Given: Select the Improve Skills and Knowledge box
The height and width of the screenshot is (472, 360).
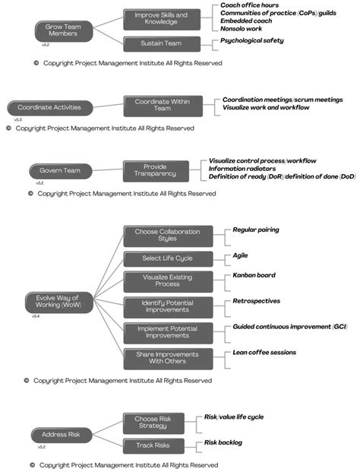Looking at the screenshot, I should (x=161, y=19).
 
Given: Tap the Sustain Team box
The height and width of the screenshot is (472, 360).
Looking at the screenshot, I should (x=161, y=44).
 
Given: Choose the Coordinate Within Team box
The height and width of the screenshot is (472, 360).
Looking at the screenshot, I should (x=163, y=105).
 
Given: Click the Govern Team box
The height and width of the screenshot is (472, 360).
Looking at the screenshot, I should (x=55, y=170).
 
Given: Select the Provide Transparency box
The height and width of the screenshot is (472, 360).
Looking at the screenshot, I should (x=159, y=169).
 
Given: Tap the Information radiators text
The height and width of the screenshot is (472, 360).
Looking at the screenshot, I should (x=245, y=169).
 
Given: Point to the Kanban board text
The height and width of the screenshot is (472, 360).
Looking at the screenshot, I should (x=254, y=275).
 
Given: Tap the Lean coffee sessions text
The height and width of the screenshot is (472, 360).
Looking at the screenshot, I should (x=265, y=352).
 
